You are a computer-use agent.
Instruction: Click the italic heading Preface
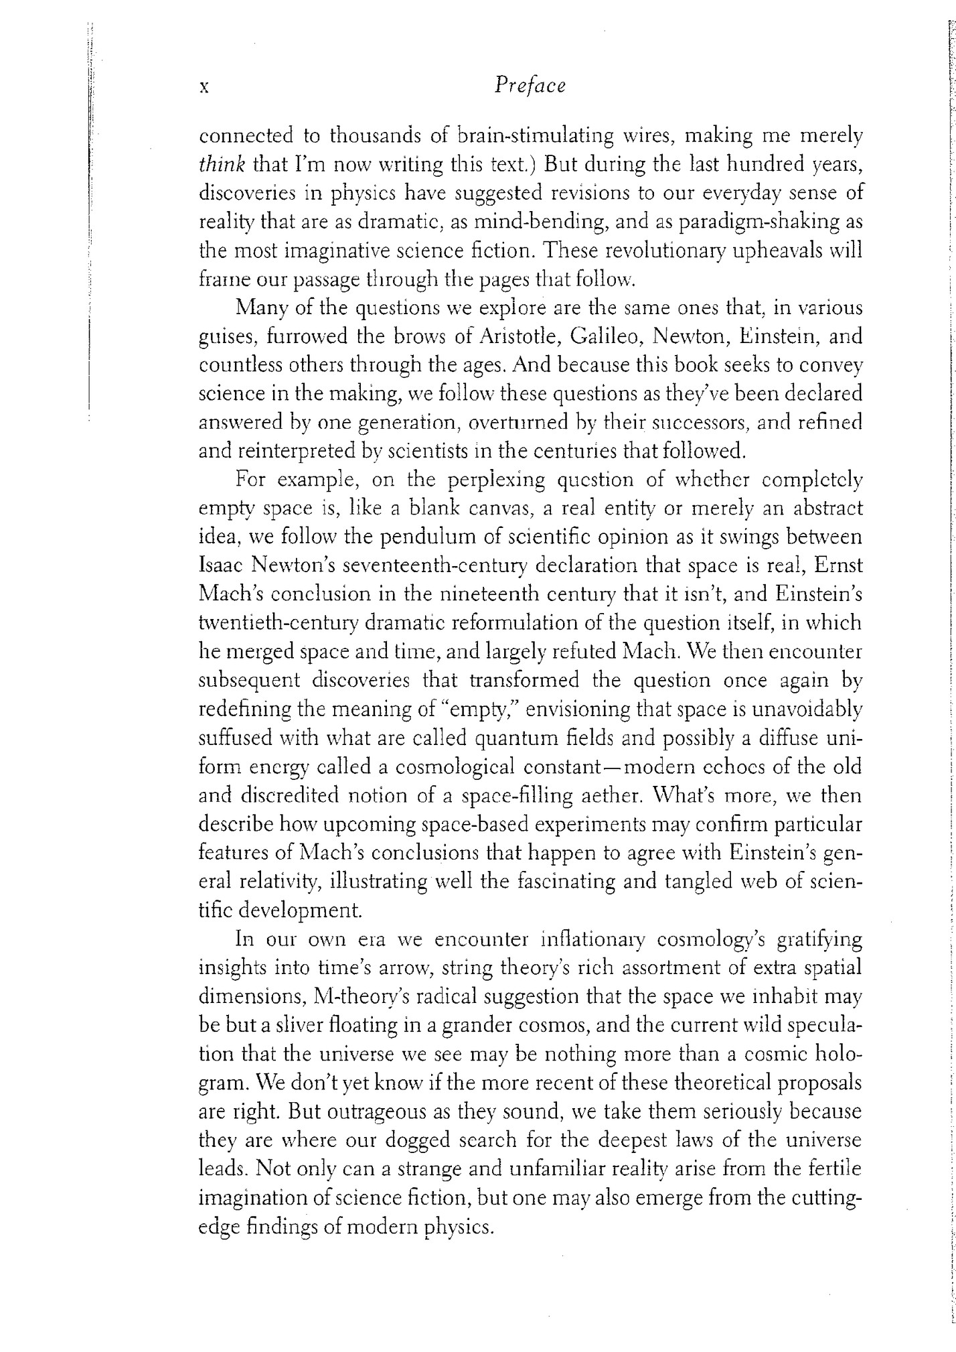(x=529, y=86)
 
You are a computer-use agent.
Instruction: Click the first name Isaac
(x=222, y=566)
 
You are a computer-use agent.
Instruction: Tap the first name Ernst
(x=840, y=566)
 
